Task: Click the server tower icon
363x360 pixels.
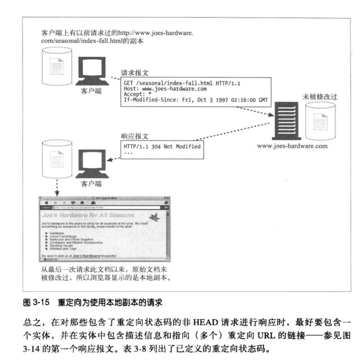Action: (x=285, y=121)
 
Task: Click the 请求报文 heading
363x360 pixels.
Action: (x=135, y=73)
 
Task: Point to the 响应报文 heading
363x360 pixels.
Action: (x=135, y=137)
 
